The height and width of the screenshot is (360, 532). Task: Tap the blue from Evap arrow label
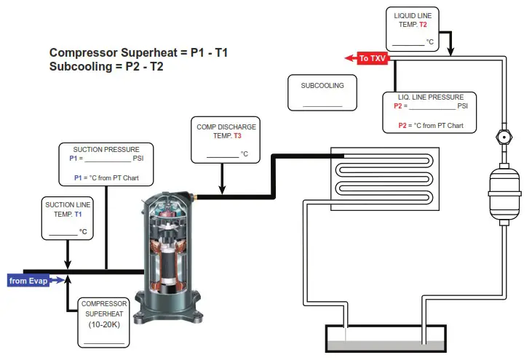pos(28,280)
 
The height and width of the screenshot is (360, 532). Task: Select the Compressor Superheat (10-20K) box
pos(104,319)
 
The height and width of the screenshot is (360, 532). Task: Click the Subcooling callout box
pos(322,92)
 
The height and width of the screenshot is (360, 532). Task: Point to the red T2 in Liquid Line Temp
pos(423,24)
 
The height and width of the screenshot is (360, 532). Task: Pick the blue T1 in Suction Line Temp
pos(78,215)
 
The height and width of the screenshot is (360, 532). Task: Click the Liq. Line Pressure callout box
pos(429,111)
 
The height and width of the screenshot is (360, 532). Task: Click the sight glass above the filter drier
pos(500,136)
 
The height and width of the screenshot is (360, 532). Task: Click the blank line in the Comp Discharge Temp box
pos(222,155)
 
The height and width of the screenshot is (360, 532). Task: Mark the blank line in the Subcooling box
pos(322,105)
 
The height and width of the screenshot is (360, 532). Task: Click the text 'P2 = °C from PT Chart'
pos(429,125)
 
